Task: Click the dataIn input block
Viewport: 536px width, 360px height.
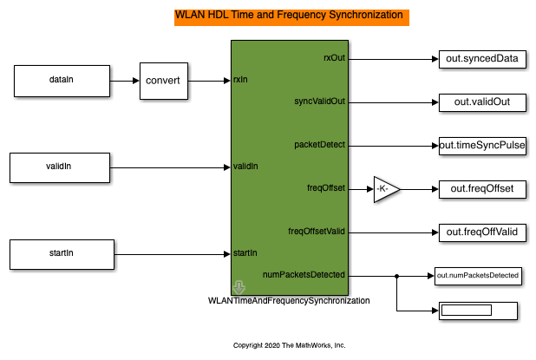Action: click(58, 81)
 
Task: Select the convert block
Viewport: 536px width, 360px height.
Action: click(165, 81)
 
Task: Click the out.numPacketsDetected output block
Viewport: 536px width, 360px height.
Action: click(478, 276)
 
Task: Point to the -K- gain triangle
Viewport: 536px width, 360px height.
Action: click(383, 188)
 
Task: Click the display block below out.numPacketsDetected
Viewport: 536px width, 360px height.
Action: click(478, 310)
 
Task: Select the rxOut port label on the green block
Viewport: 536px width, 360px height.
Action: click(333, 58)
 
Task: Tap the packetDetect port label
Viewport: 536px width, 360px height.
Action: click(320, 144)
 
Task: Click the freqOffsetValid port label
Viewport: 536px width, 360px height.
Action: click(317, 231)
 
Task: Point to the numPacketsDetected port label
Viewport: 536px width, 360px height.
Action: click(304, 274)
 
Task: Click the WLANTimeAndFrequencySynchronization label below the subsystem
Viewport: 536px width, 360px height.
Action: click(290, 301)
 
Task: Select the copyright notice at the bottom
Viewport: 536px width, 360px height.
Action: click(290, 344)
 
